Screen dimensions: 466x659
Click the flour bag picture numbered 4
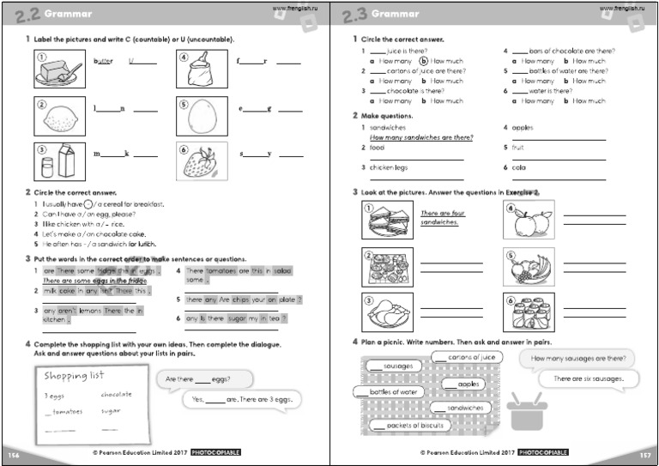[x=202, y=68]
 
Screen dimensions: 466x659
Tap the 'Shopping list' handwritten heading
[x=73, y=376]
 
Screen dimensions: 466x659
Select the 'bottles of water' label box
[x=390, y=392]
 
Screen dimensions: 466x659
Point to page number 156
[x=13, y=453]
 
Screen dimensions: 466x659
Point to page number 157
[x=645, y=453]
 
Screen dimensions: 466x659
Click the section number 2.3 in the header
[x=354, y=13]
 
